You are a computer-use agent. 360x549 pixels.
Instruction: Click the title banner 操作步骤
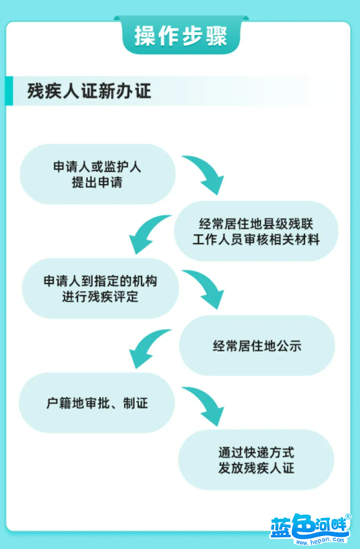[x=181, y=35]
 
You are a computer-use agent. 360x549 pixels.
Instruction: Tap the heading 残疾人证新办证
[x=89, y=91]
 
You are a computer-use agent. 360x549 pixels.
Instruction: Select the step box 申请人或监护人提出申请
[x=98, y=174]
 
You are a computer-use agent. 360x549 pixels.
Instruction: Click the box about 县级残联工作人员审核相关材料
[x=256, y=231]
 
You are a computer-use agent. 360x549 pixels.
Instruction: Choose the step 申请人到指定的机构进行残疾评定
[x=100, y=289]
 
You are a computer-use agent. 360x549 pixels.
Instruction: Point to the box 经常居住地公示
[x=257, y=346]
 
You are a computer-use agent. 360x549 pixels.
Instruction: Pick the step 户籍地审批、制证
[x=97, y=402]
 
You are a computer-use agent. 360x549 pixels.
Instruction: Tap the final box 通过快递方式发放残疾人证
[x=256, y=460]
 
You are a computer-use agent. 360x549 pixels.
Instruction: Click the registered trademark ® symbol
[x=348, y=517]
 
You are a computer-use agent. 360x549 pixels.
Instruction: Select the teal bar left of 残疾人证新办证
[x=10, y=90]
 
